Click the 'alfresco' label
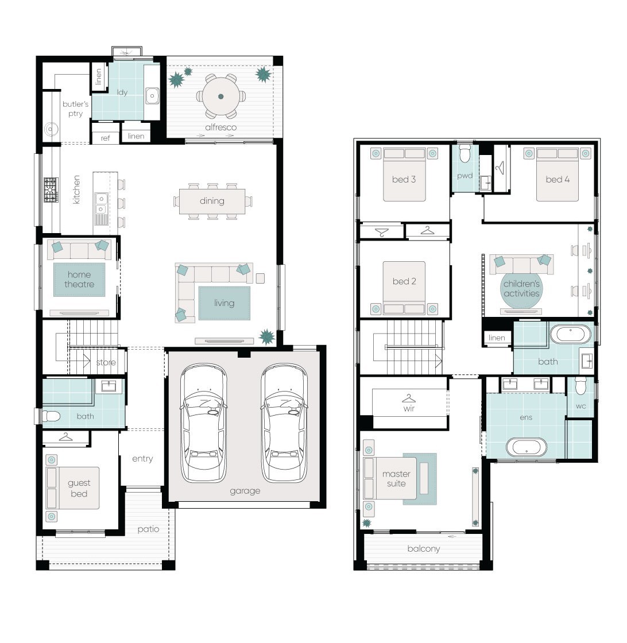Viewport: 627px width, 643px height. (x=220, y=127)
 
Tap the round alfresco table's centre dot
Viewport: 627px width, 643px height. (x=220, y=97)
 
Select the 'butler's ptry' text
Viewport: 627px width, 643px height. (x=75, y=109)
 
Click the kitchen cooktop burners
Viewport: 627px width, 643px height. (x=51, y=190)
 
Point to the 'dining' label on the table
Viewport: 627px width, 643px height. (x=212, y=201)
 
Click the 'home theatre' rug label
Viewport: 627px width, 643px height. (x=79, y=280)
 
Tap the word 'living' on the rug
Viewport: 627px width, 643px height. (x=225, y=303)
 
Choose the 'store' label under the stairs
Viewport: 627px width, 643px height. (x=106, y=362)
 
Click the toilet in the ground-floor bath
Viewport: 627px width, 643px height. (x=51, y=417)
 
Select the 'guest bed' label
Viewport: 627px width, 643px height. (x=79, y=489)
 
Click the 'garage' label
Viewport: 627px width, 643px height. (x=245, y=491)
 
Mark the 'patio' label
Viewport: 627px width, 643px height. (x=149, y=529)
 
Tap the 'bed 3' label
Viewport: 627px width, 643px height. (x=404, y=179)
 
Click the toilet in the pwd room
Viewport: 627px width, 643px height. (x=465, y=153)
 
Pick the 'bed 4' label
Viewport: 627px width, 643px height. (x=558, y=179)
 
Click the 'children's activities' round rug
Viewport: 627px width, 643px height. (x=521, y=289)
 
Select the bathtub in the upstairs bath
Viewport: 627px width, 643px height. (x=570, y=335)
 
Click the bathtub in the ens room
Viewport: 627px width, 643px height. (x=527, y=447)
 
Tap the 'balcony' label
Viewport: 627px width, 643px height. (x=424, y=549)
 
